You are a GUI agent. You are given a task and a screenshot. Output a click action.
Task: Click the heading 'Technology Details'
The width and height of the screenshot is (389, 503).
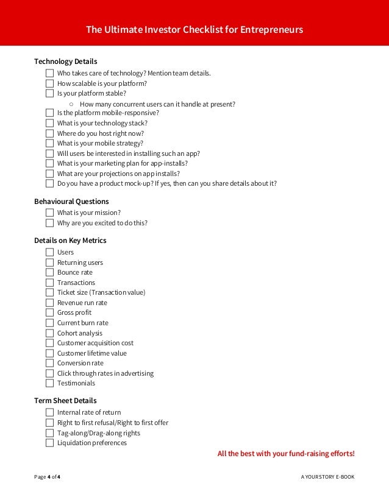[x=65, y=62]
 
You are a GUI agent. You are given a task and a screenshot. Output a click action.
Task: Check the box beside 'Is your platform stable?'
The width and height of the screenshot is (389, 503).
[x=49, y=93]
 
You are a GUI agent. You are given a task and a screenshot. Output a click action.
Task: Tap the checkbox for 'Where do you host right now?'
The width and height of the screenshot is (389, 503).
[x=49, y=133]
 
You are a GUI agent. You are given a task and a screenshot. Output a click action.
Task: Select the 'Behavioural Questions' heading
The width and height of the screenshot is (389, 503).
[x=71, y=201]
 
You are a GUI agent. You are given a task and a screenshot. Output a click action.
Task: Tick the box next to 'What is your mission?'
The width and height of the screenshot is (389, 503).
[x=49, y=213]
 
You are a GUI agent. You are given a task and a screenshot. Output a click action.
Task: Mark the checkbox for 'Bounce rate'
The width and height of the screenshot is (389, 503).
[x=49, y=272]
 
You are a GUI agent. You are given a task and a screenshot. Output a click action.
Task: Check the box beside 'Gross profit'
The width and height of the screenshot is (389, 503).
[x=49, y=312]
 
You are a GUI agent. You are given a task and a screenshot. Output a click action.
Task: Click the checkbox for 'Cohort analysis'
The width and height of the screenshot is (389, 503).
[x=49, y=333]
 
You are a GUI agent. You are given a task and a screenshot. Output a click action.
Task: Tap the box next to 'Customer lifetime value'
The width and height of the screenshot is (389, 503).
[x=49, y=353]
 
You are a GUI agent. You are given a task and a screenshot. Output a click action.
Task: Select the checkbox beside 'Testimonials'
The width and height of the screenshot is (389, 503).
[x=49, y=383]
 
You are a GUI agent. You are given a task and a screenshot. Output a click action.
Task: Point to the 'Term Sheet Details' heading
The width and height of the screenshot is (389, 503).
[x=65, y=401]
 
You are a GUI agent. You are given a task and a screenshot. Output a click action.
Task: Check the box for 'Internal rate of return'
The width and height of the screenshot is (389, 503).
[x=49, y=412]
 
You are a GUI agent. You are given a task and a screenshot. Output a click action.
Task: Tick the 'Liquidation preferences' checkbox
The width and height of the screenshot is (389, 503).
[x=49, y=443]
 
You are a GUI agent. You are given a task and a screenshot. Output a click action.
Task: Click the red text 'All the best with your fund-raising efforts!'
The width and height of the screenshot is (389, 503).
[x=285, y=454]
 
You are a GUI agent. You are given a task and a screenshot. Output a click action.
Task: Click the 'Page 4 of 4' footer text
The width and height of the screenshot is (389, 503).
[x=47, y=477]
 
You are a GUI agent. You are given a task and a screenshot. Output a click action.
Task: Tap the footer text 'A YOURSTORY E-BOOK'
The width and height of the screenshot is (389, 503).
[x=327, y=477]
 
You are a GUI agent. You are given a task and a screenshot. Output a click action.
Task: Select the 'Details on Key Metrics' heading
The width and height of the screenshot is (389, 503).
[x=70, y=241]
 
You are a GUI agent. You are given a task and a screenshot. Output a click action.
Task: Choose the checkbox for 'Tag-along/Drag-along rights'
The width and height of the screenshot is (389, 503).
[x=49, y=433]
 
